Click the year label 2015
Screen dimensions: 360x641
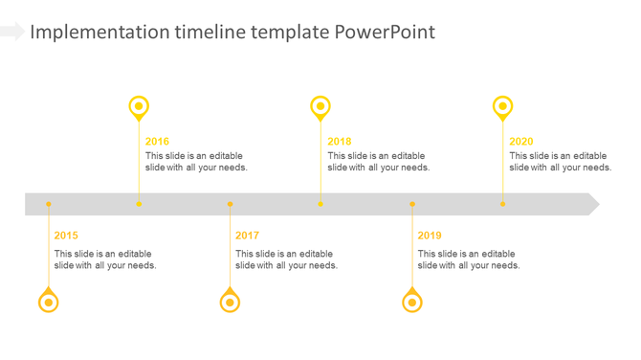click(x=66, y=236)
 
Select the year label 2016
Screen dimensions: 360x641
click(x=157, y=142)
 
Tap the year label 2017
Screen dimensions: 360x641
click(x=247, y=236)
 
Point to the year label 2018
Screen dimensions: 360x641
click(x=339, y=142)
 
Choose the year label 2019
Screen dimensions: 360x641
click(x=430, y=236)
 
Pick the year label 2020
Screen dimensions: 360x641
click(x=521, y=142)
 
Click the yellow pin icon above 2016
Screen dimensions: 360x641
click(x=139, y=106)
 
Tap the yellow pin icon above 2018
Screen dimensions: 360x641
click(x=320, y=106)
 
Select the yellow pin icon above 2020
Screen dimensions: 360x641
click(x=502, y=106)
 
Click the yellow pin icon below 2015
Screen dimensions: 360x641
click(x=48, y=302)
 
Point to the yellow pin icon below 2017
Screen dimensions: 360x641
click(x=230, y=302)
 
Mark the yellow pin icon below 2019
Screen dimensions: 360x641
click(x=412, y=302)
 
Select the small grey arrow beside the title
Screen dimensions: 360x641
click(x=11, y=32)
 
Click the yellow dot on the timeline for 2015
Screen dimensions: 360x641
click(x=49, y=204)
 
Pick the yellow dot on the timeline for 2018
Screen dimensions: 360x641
click(x=320, y=204)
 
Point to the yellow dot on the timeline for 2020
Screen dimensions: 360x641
click(x=502, y=204)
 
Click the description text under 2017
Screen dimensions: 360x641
click(x=286, y=259)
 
